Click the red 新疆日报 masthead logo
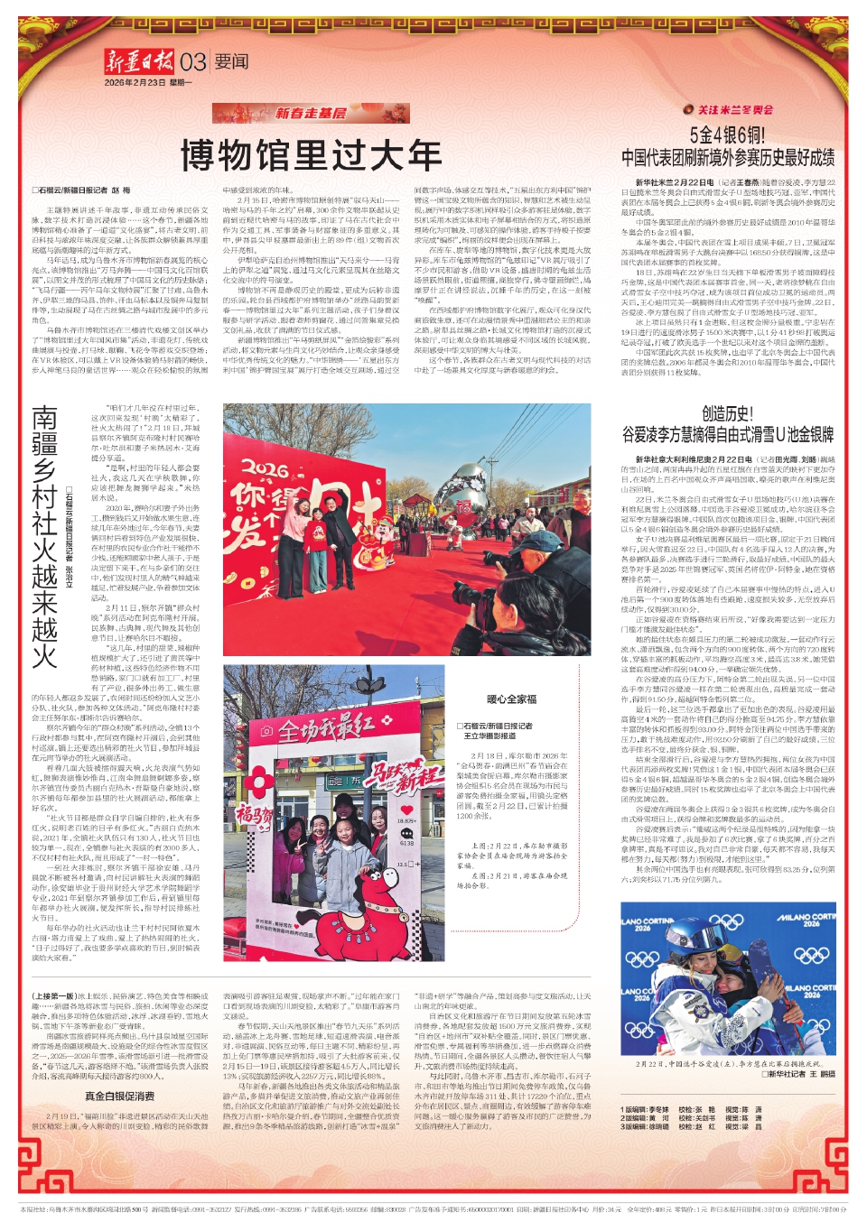coord(139,62)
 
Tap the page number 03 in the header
coord(193,62)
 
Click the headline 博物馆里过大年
coord(311,155)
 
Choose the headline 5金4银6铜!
coord(727,134)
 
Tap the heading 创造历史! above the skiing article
coord(727,414)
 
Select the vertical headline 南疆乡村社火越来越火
coord(45,536)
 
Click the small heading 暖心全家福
coord(511,699)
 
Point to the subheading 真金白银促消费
coord(120,1096)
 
